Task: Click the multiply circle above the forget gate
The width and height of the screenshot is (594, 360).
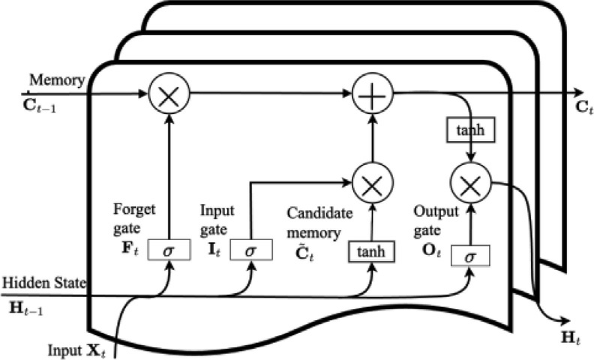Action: (x=169, y=95)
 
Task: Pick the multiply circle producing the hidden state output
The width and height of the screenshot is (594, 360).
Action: (x=470, y=181)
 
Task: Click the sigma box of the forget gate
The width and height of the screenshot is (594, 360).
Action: (x=169, y=248)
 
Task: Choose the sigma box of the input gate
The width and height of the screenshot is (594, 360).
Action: (x=250, y=248)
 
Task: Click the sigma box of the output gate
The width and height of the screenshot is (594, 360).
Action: (x=470, y=256)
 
